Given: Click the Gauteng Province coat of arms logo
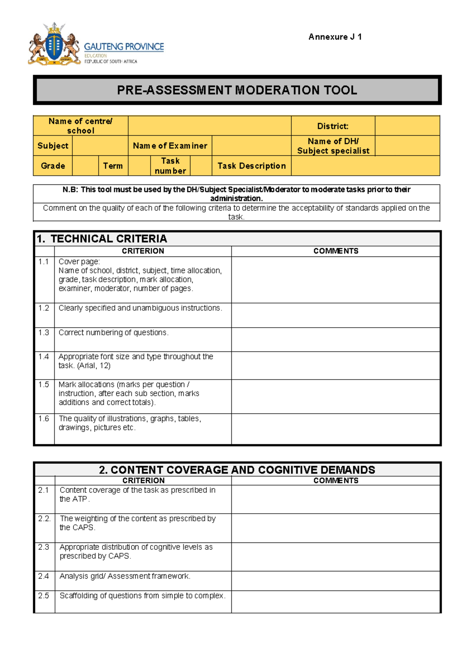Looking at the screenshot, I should tap(54, 44).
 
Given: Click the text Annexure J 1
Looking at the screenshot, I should tap(335, 37).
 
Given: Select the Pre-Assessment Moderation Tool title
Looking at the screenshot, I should tap(237, 90).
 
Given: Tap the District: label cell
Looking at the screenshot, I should tap(333, 126).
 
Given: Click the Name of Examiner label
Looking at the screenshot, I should tap(170, 146).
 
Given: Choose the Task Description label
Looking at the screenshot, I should tap(251, 166).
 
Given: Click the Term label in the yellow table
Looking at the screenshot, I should tap(113, 166).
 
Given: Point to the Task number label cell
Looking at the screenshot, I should tap(170, 166).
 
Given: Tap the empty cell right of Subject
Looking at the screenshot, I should tap(100, 146).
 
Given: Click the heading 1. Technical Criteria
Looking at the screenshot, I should tap(102, 239).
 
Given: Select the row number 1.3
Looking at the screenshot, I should tap(44, 333).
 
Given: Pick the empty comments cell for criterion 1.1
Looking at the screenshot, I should tap(335, 280).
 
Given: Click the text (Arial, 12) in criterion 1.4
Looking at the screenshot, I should tap(94, 366).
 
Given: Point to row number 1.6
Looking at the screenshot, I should tap(44, 419).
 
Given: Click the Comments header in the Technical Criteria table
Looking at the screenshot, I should tap(335, 251).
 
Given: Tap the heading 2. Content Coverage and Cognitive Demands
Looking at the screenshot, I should tap(237, 470).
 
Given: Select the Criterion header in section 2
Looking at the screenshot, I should tap(143, 481).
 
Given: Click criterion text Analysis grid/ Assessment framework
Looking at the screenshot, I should tap(125, 576).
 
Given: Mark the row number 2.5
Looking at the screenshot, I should tap(44, 596).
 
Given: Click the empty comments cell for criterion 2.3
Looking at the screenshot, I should tap(335, 557).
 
